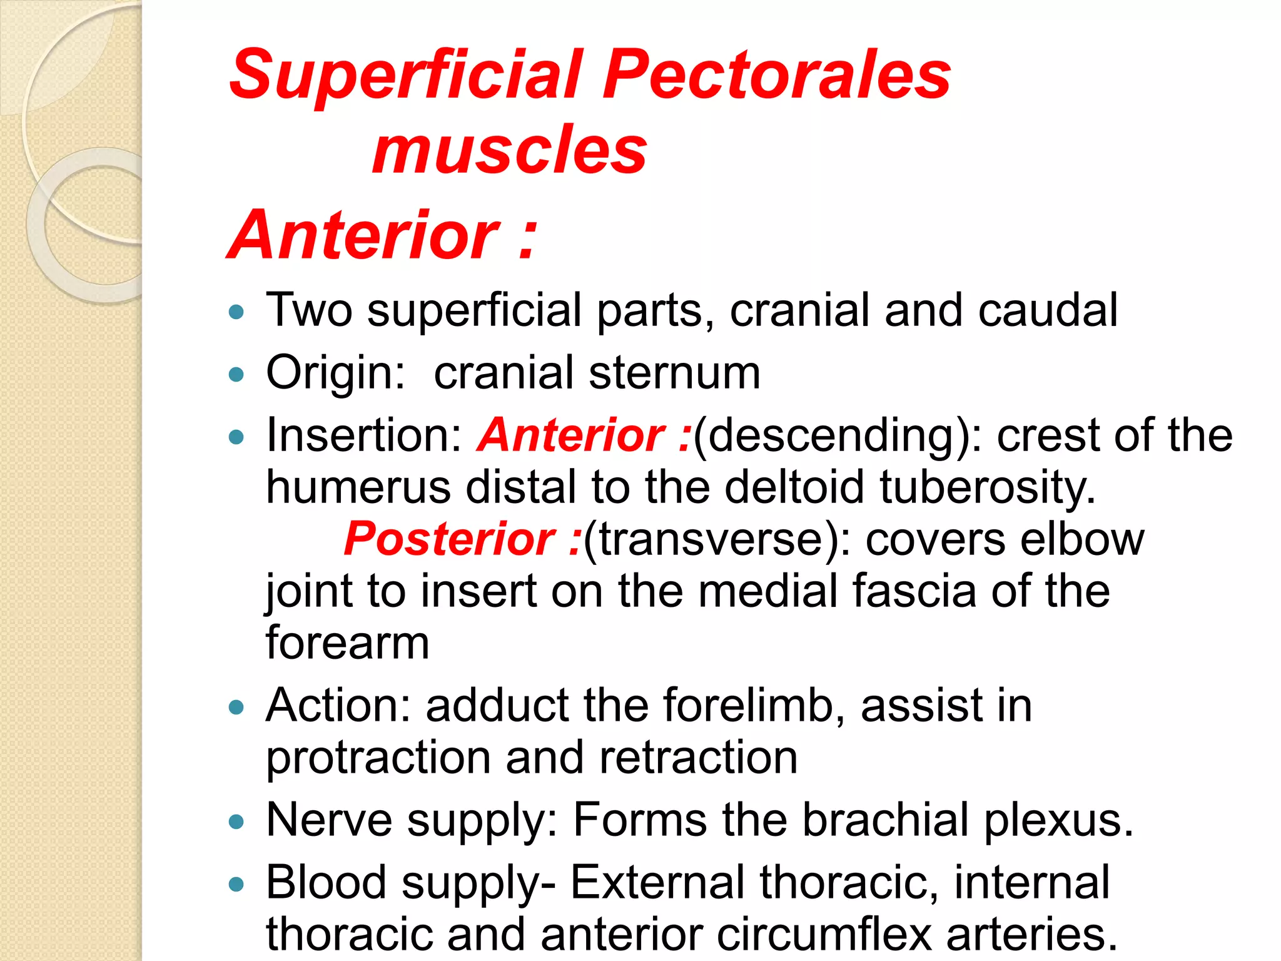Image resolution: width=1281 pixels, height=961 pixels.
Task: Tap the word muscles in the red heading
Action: point(509,150)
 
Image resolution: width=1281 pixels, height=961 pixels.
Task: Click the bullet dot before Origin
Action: point(236,375)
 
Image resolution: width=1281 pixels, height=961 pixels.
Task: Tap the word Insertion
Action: point(363,435)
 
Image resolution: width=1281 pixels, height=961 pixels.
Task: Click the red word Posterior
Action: point(448,539)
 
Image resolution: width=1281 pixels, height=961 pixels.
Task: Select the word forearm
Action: point(348,643)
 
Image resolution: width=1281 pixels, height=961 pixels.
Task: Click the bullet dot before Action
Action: point(236,708)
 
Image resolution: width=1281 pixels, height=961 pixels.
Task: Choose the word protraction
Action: point(378,758)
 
